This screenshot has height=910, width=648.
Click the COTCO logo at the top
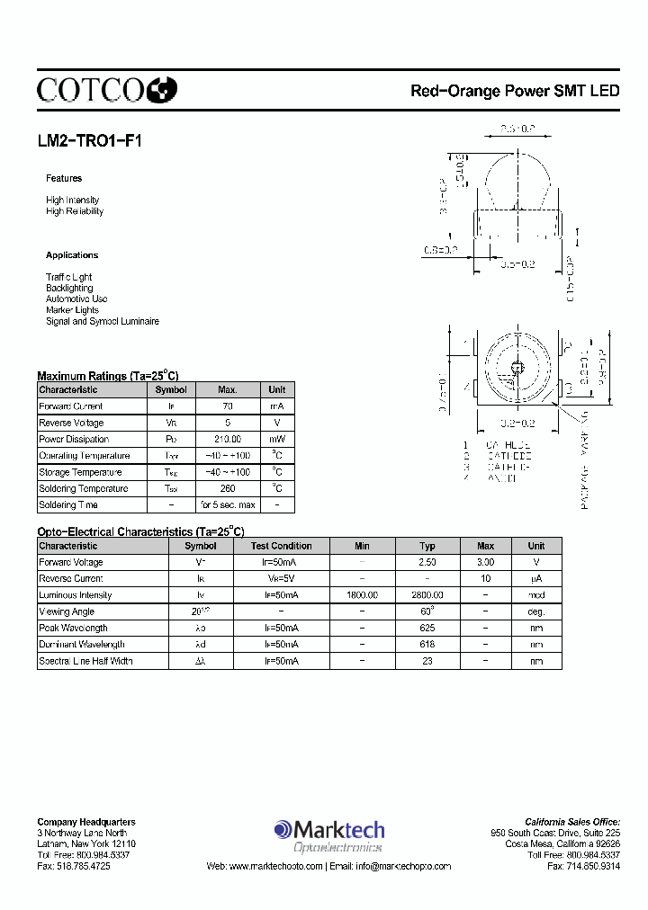[x=106, y=88]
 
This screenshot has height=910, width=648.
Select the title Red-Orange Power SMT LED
[x=515, y=91]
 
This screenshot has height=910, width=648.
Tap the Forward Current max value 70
[x=228, y=406]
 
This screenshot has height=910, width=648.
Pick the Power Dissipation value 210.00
[x=228, y=440]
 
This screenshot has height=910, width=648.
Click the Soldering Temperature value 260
[x=228, y=488]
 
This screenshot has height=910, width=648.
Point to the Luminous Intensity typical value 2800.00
[x=427, y=595]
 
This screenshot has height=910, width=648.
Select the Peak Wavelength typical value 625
[x=427, y=628]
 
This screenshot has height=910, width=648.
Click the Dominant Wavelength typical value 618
[x=427, y=644]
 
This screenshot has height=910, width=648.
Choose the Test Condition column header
[x=281, y=546]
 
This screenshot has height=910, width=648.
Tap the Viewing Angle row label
[x=67, y=611]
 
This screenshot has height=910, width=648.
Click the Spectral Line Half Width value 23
[x=427, y=661]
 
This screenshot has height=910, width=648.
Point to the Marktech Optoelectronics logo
[x=329, y=835]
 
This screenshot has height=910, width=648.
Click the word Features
[x=64, y=178]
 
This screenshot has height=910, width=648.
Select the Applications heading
[x=72, y=255]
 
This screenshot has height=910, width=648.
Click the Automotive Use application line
[x=76, y=299]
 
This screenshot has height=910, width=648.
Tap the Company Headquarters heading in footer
[x=86, y=822]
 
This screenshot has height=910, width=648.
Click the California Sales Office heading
[x=572, y=822]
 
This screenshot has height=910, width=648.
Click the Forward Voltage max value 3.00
[x=485, y=562]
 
